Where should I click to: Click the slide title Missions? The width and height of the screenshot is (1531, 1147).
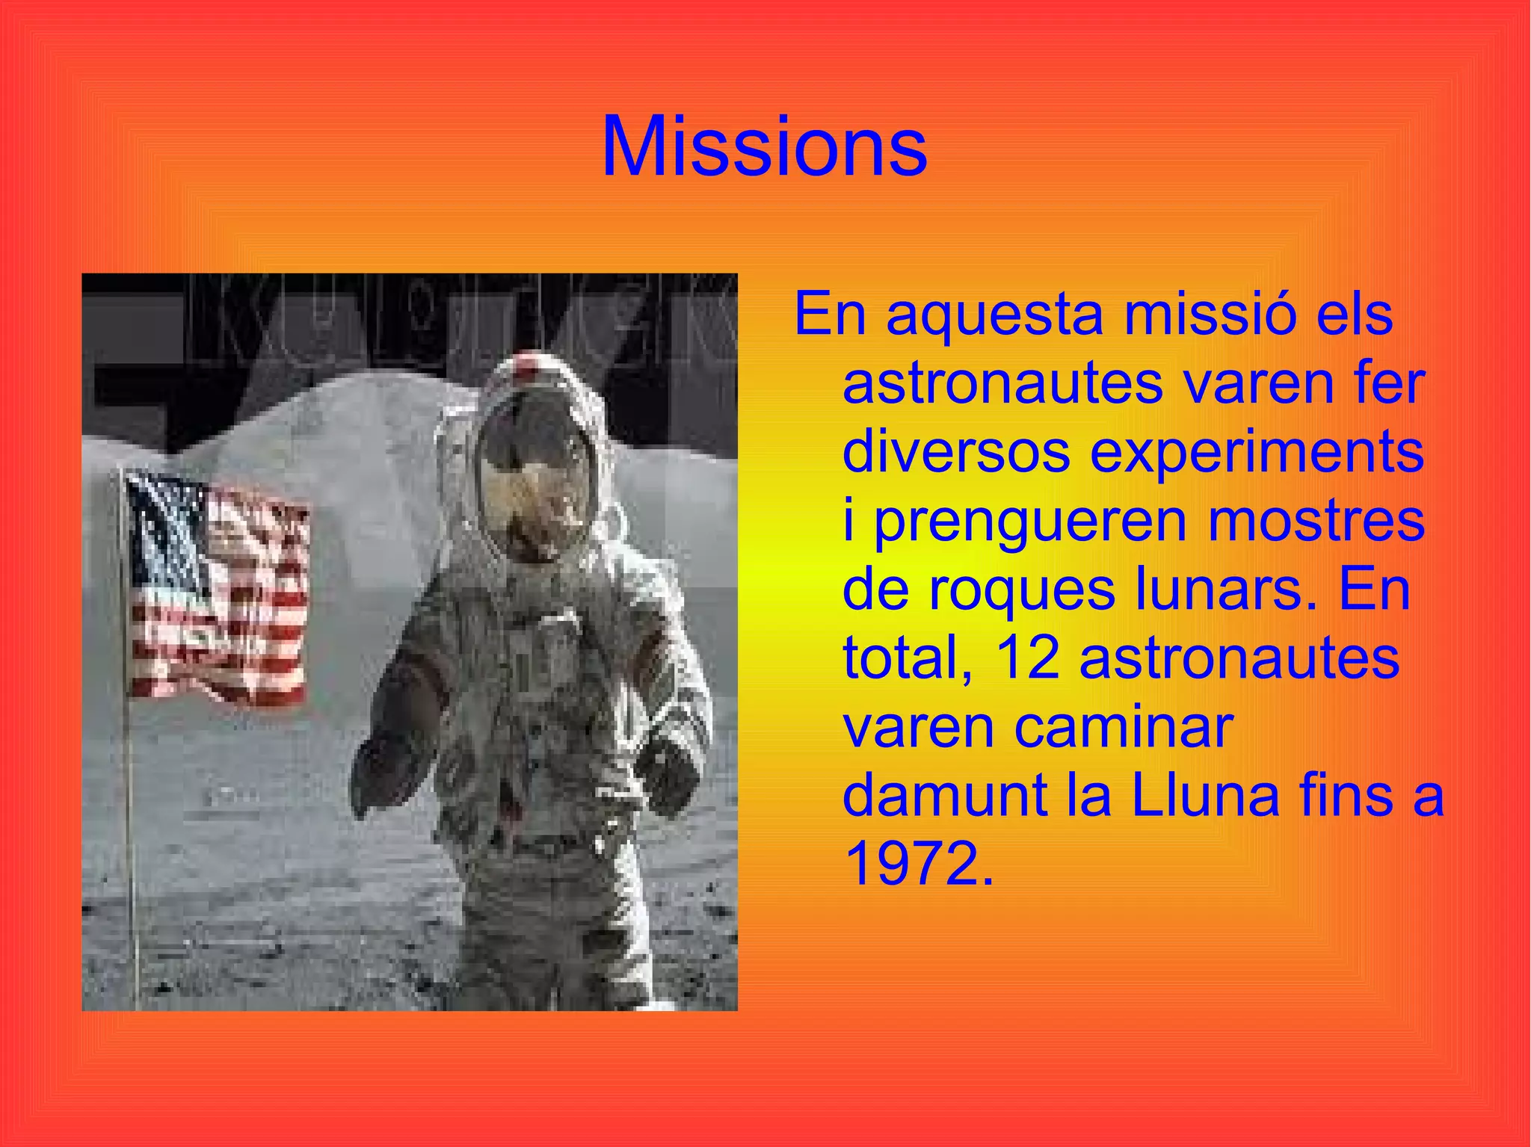point(764,147)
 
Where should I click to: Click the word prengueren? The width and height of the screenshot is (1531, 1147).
point(1031,521)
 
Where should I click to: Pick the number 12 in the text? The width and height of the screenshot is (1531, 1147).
point(1028,658)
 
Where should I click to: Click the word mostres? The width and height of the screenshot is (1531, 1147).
point(1316,521)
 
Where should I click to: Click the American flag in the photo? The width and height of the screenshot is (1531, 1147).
point(218,590)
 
